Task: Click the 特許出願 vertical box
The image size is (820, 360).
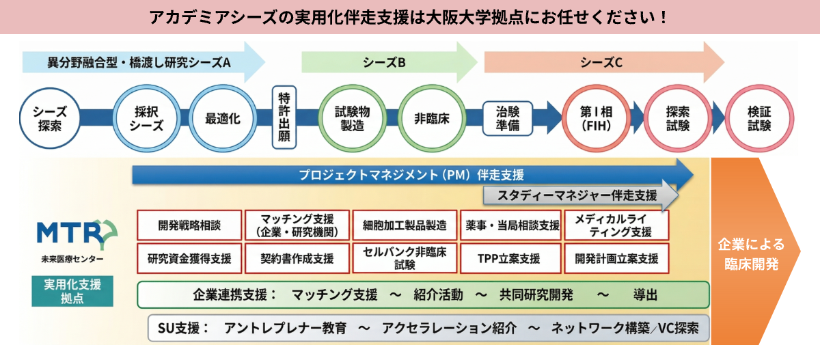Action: tap(285, 118)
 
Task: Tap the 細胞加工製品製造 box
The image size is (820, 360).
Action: tap(405, 225)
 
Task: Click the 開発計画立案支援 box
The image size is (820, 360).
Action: tap(616, 259)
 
